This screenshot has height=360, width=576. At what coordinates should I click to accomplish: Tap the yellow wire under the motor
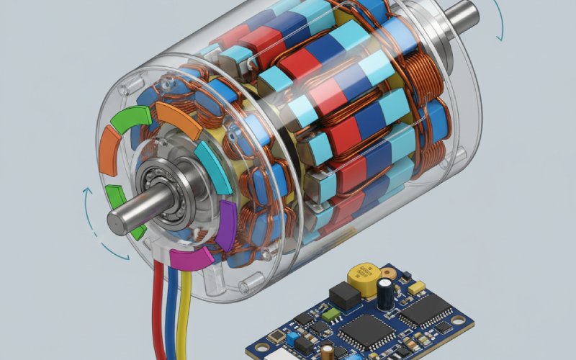[184, 317]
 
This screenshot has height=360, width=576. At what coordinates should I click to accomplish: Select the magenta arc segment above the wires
[192, 259]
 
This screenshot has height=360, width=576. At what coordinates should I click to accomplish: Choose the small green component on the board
[328, 314]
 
